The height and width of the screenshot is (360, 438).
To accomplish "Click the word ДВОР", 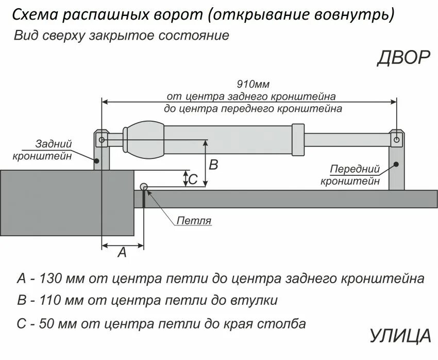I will [403, 58].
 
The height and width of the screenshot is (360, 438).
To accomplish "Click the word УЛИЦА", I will [400, 336].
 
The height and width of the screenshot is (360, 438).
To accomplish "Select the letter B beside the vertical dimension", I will [213, 165].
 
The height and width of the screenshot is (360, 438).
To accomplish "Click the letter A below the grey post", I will [122, 252].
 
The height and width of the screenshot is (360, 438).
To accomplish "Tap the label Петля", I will [194, 221].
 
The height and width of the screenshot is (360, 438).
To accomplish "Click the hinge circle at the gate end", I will [144, 187].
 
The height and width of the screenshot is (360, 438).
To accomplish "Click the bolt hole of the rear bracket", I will [102, 140].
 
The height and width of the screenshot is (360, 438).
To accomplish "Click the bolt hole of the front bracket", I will [396, 140].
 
